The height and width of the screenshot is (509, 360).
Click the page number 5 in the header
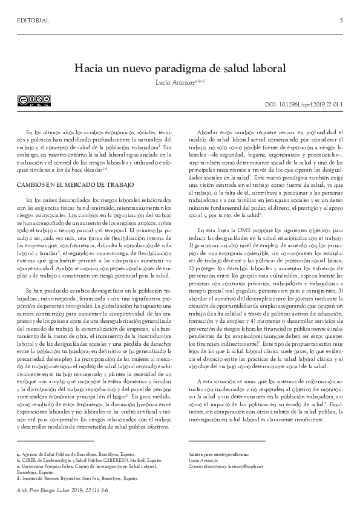pyautogui.click(x=341, y=21)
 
